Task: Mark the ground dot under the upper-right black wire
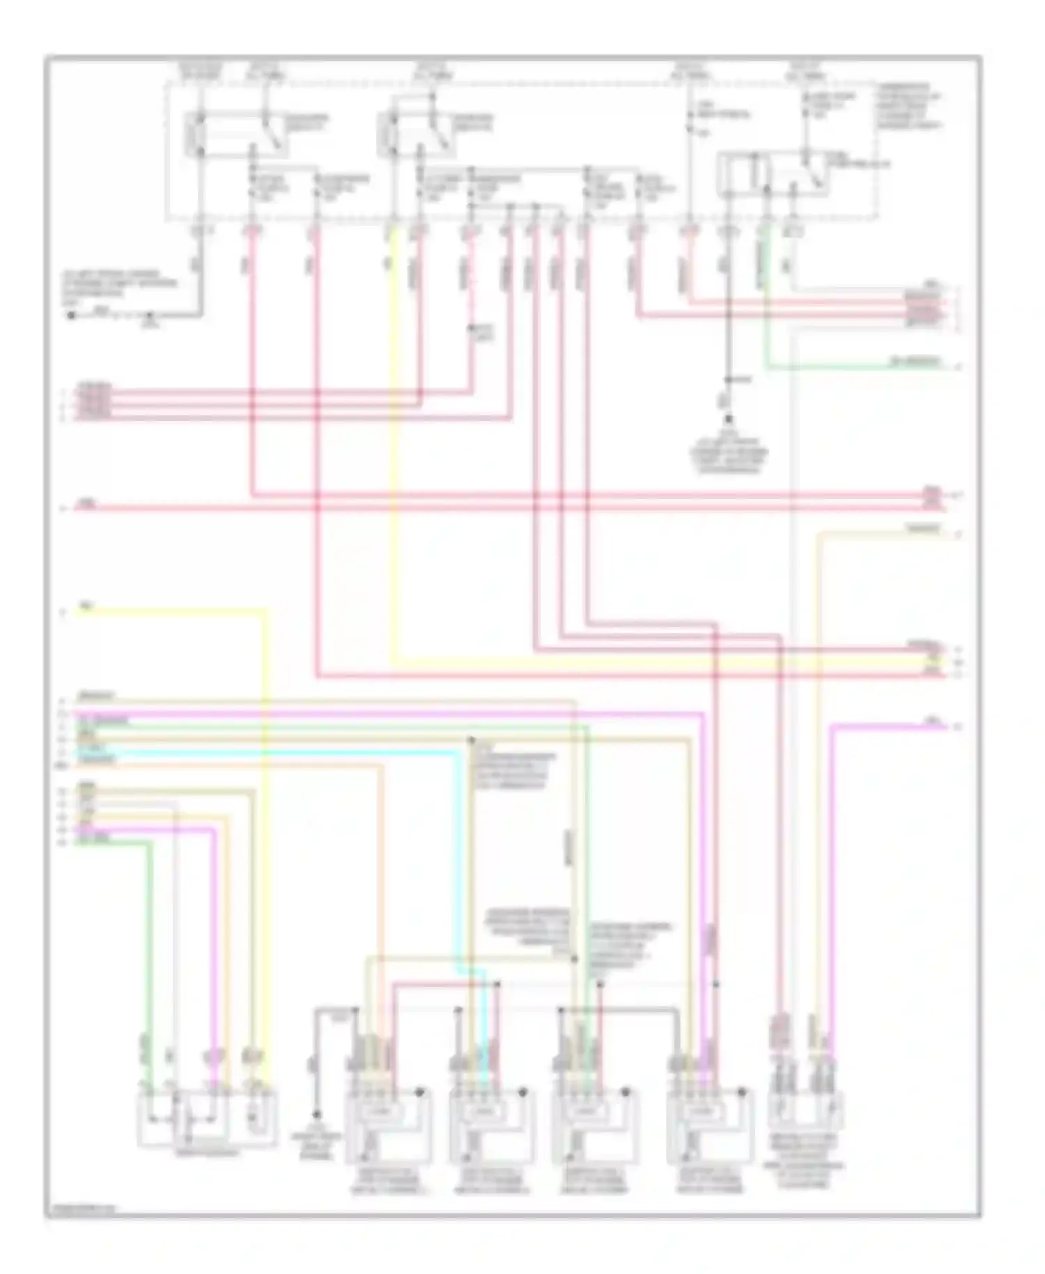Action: pyautogui.click(x=729, y=420)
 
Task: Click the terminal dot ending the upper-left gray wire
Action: pyautogui.click(x=71, y=315)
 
